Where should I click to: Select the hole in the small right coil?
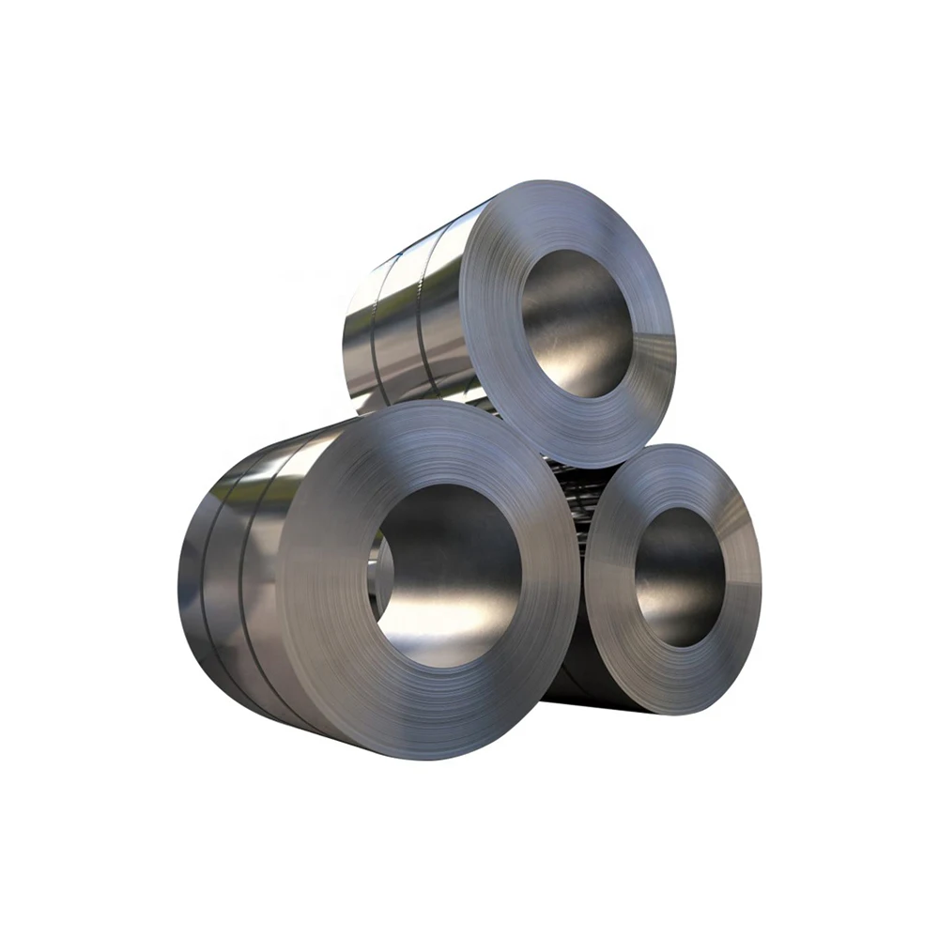tap(679, 575)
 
